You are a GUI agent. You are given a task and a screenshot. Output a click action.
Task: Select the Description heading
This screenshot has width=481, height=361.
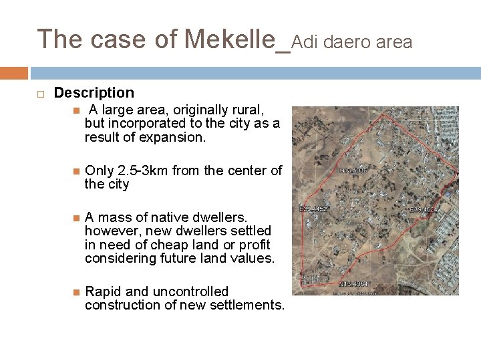(94, 93)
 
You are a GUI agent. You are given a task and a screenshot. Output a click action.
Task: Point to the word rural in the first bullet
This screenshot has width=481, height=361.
(247, 109)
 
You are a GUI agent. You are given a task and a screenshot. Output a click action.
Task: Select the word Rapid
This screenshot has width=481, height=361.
(101, 291)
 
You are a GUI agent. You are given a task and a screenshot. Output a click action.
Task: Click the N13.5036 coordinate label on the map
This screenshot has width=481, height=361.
(354, 171)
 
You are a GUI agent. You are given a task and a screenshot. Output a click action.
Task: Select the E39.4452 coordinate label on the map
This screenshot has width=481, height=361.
(313, 209)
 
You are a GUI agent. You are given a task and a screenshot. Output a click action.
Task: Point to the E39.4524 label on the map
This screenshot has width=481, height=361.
(425, 209)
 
